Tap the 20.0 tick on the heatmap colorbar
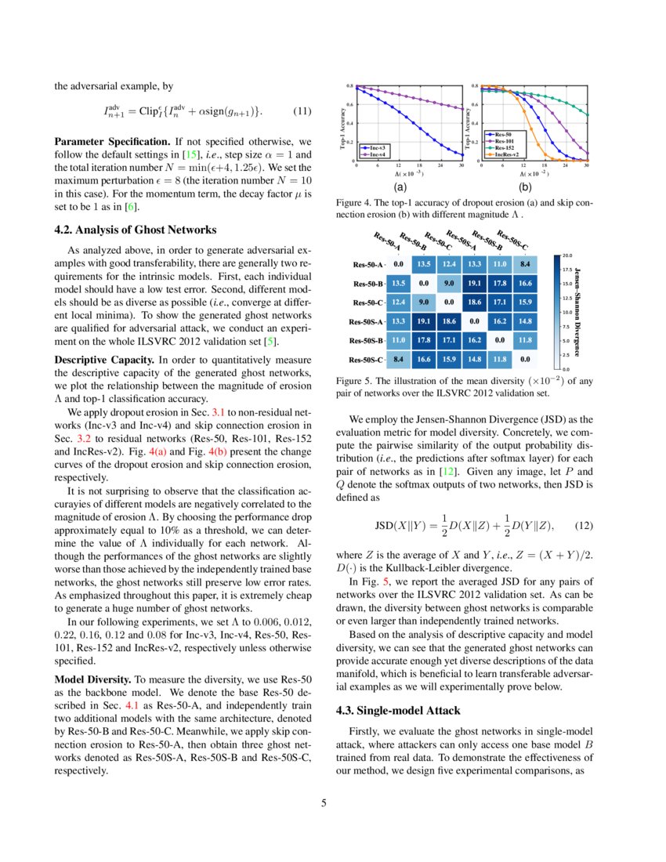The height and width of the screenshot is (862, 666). click(x=567, y=255)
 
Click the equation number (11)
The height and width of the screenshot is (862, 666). click(x=302, y=111)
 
